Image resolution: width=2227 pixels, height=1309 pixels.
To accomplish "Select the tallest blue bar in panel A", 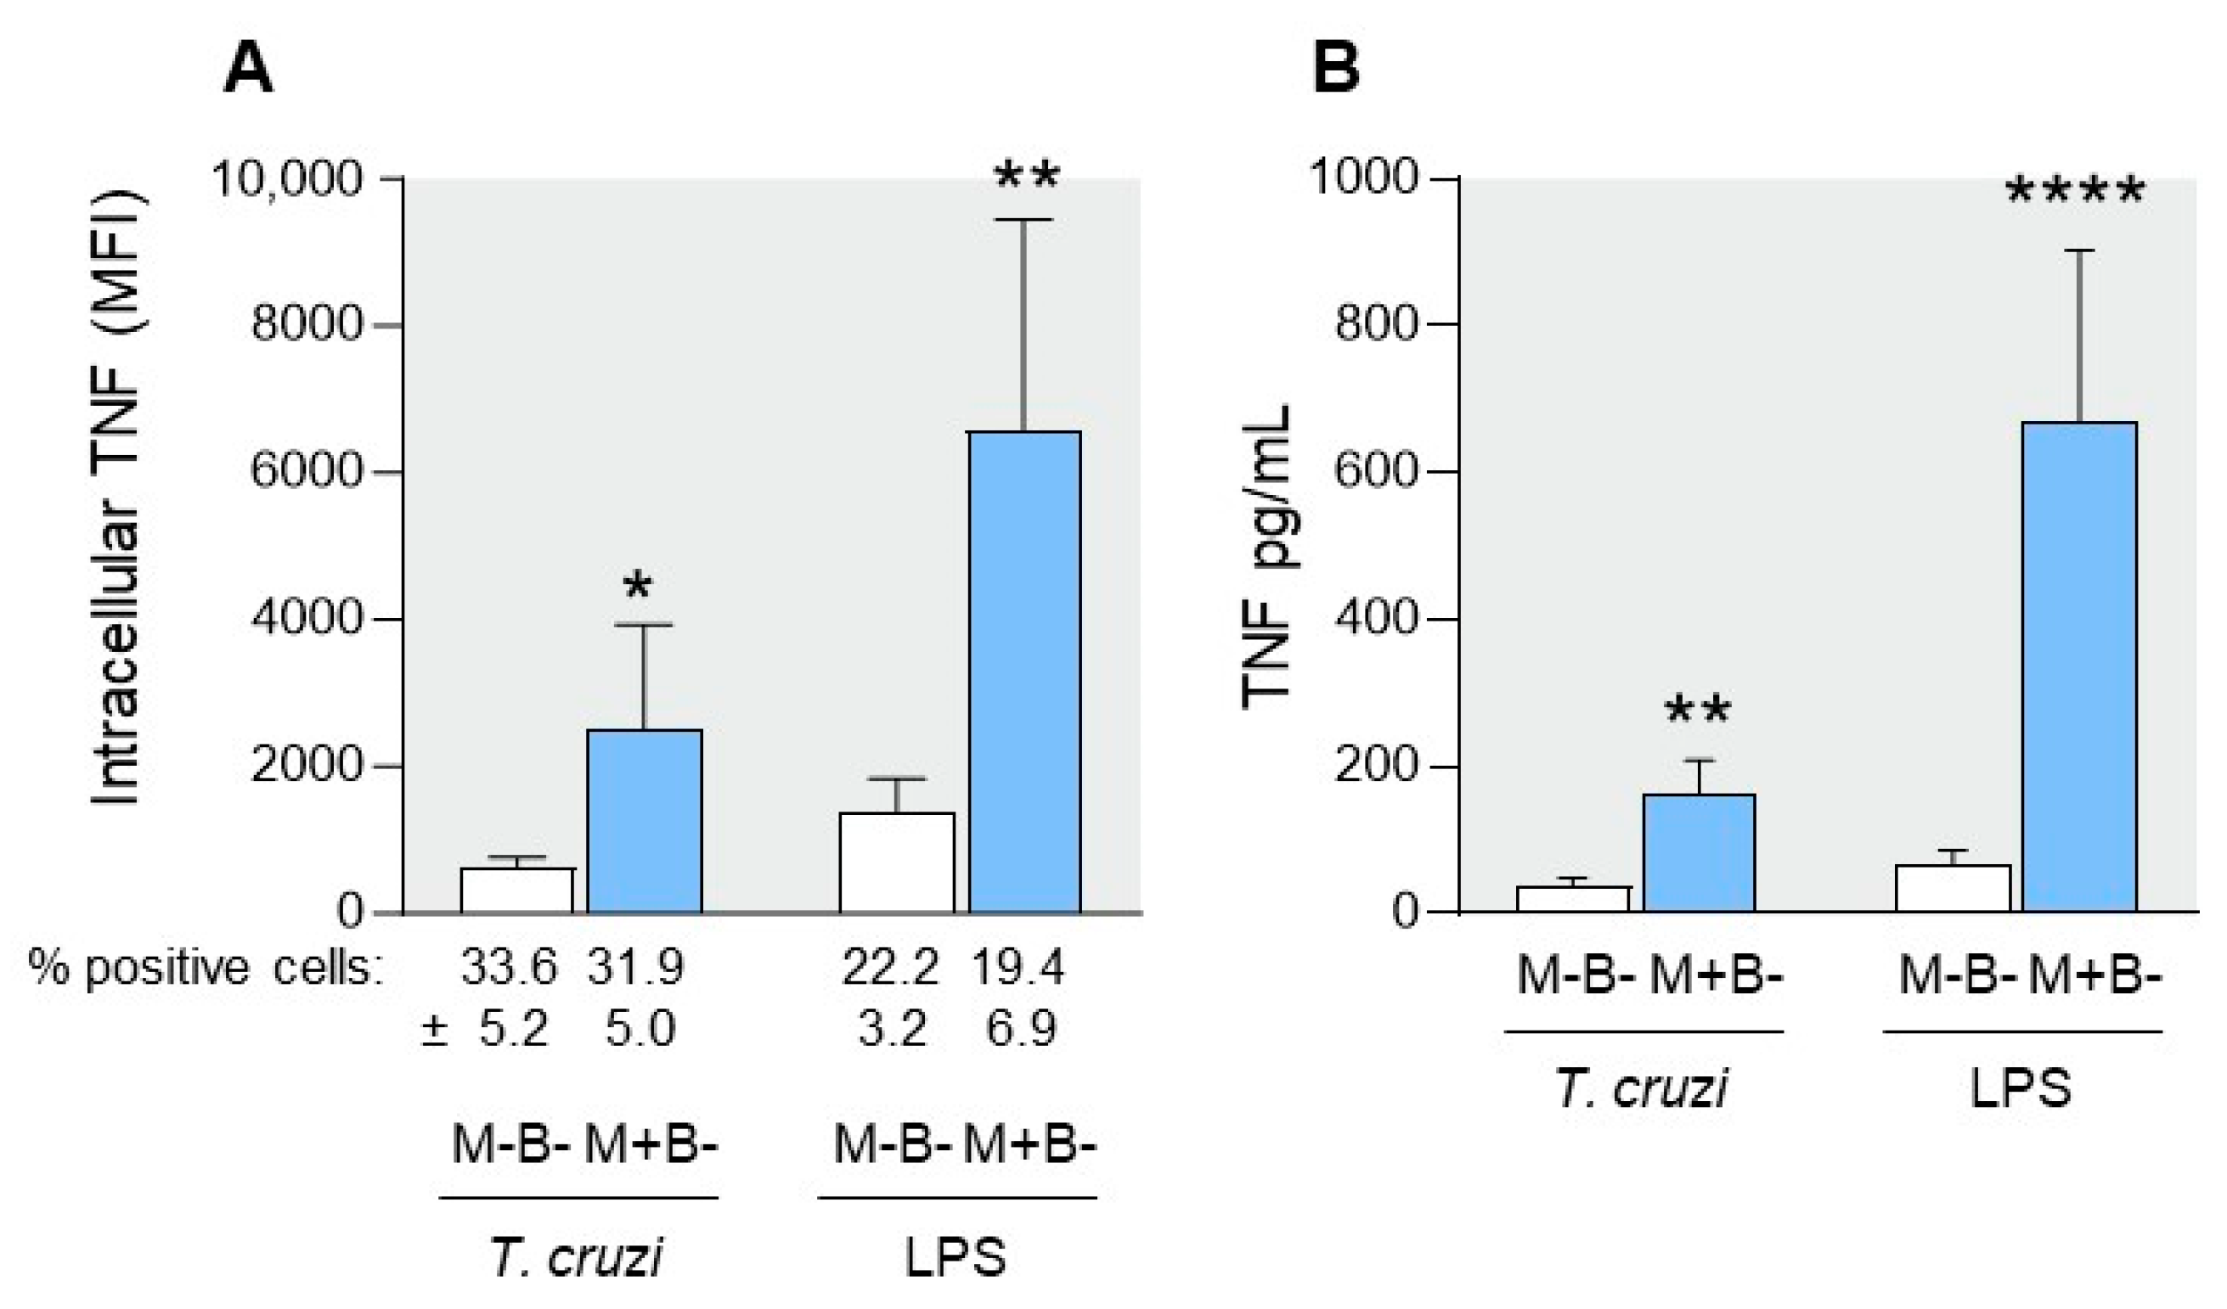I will [1024, 671].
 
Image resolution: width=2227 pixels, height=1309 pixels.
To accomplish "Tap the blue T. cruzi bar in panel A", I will [645, 821].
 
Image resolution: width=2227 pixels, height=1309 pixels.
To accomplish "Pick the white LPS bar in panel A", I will [896, 862].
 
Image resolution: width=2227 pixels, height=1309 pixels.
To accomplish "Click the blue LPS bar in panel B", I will [2078, 667].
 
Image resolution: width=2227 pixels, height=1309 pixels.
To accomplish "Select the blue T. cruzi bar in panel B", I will [1699, 852].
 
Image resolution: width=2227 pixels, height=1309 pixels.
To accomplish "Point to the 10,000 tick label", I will [287, 178].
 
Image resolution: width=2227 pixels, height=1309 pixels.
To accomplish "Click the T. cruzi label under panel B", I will [1641, 1088].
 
